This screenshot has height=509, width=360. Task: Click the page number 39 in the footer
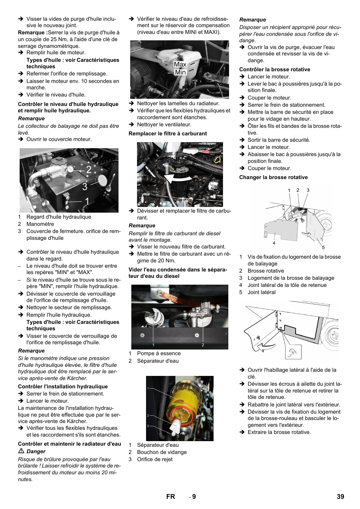(x=340, y=497)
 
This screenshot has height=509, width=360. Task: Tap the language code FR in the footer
(x=171, y=497)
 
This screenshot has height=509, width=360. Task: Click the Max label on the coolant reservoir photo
(x=180, y=64)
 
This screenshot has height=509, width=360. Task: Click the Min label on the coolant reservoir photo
(x=180, y=72)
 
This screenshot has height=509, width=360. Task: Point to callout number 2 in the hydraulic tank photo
(x=89, y=170)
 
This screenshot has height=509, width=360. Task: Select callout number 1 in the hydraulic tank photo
(x=87, y=202)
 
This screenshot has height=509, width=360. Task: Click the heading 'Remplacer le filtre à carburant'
(x=168, y=133)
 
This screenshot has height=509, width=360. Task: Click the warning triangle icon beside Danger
(x=22, y=451)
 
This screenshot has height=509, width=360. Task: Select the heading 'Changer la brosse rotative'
(x=273, y=177)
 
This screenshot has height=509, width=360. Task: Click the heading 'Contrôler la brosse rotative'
(x=274, y=69)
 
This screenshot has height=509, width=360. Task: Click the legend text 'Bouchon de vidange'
(x=162, y=452)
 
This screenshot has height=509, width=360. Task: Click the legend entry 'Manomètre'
(x=40, y=224)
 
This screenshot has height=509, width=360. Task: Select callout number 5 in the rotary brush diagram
(x=323, y=247)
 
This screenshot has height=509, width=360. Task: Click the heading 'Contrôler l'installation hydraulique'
(x=63, y=386)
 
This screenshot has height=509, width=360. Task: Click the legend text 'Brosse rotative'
(x=266, y=271)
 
